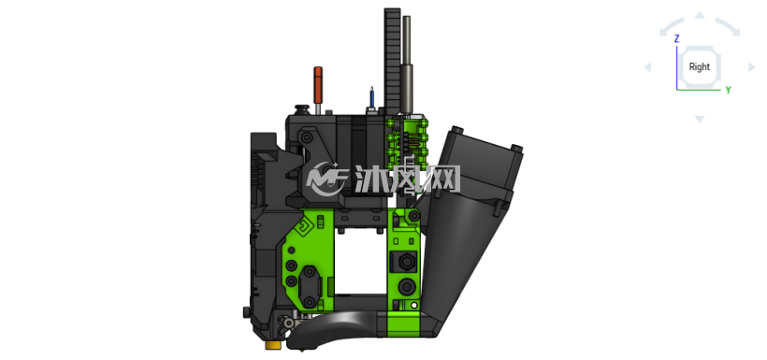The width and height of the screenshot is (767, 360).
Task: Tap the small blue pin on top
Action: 371,97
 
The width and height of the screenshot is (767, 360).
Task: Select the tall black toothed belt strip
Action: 392,62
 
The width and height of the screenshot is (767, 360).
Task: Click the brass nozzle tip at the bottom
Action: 273,346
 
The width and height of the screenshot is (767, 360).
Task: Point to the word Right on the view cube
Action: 699,67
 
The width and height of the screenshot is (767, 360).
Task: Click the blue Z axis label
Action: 676,38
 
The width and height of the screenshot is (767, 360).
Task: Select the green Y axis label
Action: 728,90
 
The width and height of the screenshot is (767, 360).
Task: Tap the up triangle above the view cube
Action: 700,15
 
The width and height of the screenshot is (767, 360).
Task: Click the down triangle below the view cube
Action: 700,119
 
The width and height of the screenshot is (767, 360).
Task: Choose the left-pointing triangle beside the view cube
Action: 647,67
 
